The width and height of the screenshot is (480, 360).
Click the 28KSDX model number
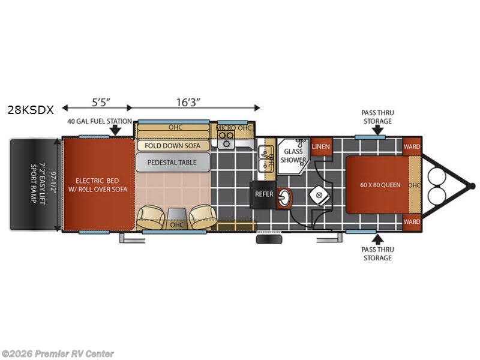click(31, 110)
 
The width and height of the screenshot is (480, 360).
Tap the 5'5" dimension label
click(101, 102)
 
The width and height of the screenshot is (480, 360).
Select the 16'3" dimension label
click(188, 102)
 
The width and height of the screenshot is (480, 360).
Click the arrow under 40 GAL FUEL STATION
click(115, 130)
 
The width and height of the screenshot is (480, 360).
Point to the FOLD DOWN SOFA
click(173, 146)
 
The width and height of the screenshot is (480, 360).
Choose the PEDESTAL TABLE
click(173, 162)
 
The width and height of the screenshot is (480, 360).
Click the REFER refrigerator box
click(263, 194)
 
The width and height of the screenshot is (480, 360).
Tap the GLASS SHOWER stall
click(293, 156)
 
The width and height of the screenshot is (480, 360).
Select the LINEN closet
click(321, 146)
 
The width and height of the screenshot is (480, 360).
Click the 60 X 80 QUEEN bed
click(380, 185)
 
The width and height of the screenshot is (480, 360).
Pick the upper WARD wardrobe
click(412, 146)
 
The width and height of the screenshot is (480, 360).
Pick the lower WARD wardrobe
click(412, 221)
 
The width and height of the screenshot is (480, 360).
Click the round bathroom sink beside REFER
click(284, 198)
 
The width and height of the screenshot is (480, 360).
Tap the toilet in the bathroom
click(320, 195)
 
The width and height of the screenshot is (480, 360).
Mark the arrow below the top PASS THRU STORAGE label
click(378, 130)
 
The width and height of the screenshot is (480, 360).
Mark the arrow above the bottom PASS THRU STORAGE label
click(378, 239)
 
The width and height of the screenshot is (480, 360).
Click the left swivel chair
click(151, 217)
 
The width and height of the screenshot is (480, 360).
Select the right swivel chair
click(202, 217)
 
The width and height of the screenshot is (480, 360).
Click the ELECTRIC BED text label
click(97, 181)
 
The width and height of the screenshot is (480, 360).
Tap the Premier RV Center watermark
click(57, 354)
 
